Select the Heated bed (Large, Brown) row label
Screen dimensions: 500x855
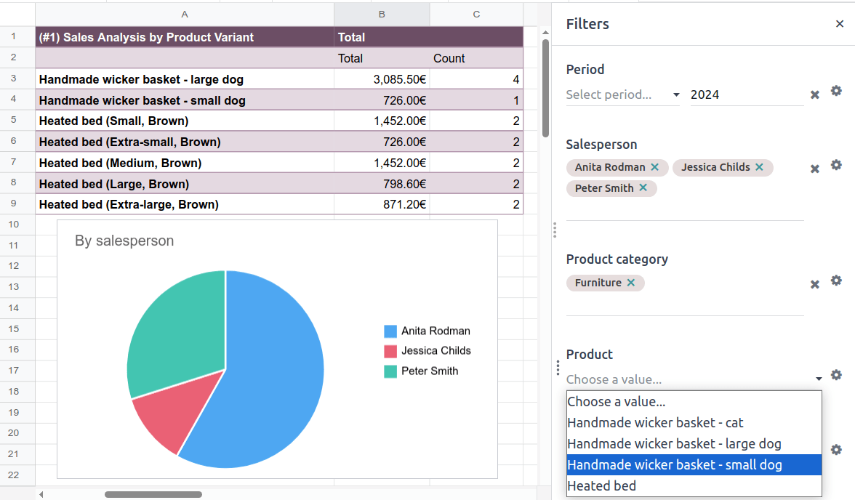coord(113,184)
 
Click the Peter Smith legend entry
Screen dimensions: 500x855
coord(429,371)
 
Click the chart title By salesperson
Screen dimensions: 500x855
coord(124,241)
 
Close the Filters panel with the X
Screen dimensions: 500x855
coord(840,24)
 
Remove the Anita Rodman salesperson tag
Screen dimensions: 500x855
coord(654,167)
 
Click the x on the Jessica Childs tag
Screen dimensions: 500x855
coord(759,167)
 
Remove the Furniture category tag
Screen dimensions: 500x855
coord(630,283)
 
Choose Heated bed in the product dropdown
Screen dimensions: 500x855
coord(601,486)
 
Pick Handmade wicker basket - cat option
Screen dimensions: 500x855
coord(655,423)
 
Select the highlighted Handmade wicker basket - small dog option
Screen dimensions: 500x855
coord(674,465)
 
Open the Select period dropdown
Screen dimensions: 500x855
coord(622,94)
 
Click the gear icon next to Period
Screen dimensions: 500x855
coord(836,91)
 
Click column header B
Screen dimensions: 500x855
coord(381,14)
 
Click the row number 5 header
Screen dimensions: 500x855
coord(15,121)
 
